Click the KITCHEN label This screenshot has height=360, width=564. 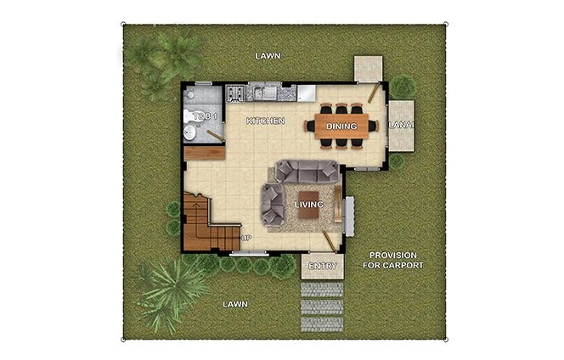265,121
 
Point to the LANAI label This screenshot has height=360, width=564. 401,126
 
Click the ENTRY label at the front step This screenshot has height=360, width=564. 324,267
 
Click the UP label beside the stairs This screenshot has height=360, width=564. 247,239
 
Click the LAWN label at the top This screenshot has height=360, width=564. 268,56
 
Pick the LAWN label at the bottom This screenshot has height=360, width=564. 234,304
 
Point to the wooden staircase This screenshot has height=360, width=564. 200,223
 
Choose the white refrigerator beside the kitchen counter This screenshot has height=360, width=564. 302,91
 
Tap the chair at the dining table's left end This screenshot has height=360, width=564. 310,127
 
